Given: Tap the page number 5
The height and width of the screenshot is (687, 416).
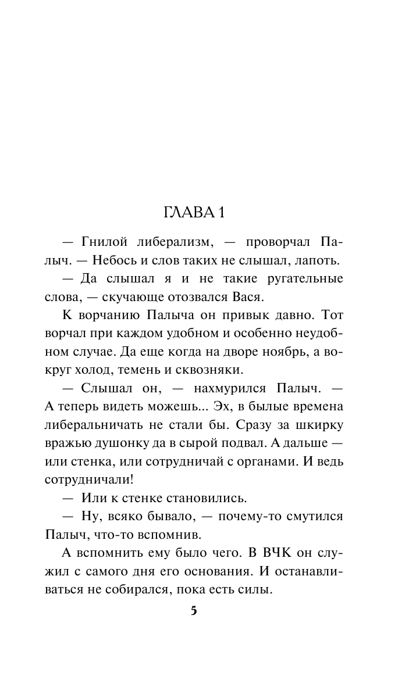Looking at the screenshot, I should click(x=194, y=611).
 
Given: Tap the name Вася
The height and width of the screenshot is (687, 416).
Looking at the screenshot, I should click(x=251, y=297).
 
